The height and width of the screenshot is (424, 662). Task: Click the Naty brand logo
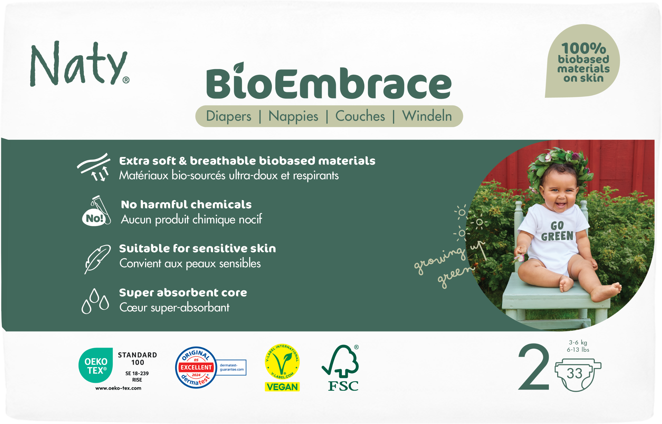tap(79, 64)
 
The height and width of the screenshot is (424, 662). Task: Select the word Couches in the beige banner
tap(360, 116)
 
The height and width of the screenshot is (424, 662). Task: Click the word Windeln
tap(427, 116)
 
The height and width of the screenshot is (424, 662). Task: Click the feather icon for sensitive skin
tap(97, 259)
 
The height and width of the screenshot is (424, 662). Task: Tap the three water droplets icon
tap(95, 301)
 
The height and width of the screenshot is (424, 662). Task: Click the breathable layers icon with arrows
tap(94, 167)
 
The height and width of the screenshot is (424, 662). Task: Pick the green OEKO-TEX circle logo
tap(96, 365)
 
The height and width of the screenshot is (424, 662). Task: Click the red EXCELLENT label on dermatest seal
tap(196, 367)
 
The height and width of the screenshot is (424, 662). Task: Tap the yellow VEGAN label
tap(282, 387)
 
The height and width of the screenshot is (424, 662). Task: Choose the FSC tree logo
tap(340, 368)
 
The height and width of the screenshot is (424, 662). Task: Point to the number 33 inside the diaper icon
tap(574, 374)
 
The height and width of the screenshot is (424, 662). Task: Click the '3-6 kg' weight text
tap(578, 342)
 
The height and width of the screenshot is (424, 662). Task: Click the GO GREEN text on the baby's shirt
tap(557, 231)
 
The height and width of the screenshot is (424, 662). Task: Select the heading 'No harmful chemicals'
tap(186, 205)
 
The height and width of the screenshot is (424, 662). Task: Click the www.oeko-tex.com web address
tap(118, 388)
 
